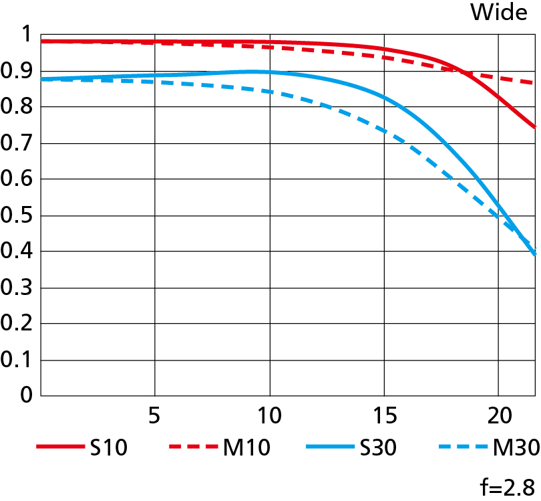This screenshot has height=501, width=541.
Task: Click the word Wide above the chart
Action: click(x=499, y=12)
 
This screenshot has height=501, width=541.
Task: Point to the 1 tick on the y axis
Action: click(x=27, y=35)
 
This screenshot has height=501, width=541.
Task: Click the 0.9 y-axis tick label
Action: click(x=18, y=71)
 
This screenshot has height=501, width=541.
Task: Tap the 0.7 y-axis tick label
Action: click(x=18, y=143)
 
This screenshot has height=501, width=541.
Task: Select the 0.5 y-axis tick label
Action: click(x=18, y=215)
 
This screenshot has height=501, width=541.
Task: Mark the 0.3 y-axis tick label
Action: click(x=18, y=288)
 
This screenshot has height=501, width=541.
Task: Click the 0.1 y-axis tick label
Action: click(x=18, y=360)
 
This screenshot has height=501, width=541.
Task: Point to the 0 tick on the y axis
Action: click(x=26, y=395)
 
